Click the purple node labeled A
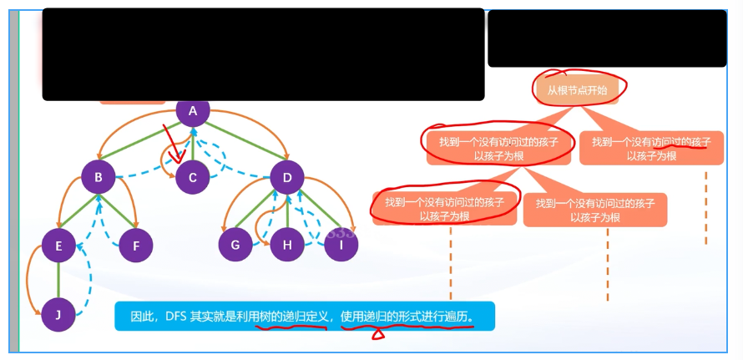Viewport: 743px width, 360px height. pos(193,112)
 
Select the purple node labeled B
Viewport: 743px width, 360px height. pos(99,177)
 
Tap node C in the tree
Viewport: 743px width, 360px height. pos(193,177)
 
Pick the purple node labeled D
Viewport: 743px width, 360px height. pos(287,177)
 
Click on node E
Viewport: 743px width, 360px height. pos(58,246)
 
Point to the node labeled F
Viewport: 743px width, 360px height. pos(135,246)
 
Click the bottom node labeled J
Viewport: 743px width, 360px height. pos(58,315)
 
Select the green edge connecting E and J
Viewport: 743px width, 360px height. pos(58,280)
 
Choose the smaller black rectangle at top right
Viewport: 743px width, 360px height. pos(607,38)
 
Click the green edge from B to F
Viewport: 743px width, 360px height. pos(118,212)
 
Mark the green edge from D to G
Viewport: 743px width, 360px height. pos(260,212)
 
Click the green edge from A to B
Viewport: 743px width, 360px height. pos(145,145)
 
